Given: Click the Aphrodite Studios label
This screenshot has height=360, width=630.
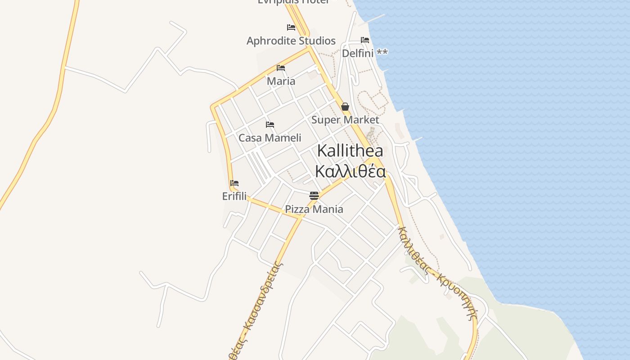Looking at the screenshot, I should point(291,41).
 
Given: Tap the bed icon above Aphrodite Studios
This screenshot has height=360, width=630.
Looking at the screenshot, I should point(291,27).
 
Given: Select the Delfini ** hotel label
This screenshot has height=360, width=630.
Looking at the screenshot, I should point(364,53).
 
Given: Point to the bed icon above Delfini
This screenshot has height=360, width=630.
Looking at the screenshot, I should point(365,40).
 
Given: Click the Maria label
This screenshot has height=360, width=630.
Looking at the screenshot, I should point(281,81).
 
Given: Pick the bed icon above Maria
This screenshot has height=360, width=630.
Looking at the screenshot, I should point(281,68).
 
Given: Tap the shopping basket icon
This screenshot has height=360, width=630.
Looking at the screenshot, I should point(345,107).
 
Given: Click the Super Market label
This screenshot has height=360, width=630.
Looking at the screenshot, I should point(345,120).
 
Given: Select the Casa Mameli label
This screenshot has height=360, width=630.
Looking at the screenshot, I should point(270,138).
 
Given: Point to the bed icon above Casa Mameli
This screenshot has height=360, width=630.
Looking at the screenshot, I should point(270,125).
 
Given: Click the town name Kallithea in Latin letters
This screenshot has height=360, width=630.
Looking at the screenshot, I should point(350,151).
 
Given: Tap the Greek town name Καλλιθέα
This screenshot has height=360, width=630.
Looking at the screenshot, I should point(350,171).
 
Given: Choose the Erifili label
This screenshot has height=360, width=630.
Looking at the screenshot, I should point(234,196).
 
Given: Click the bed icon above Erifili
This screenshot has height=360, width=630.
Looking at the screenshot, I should point(234,183).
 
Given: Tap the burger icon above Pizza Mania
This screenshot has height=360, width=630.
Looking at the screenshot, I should point(314,196).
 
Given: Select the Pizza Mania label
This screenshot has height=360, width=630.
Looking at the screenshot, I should point(314,209).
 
